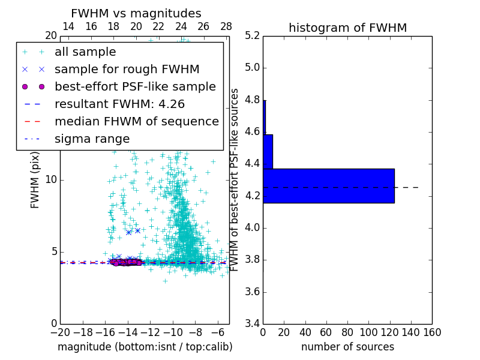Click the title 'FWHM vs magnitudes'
(136, 13)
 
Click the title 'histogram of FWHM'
(347, 28)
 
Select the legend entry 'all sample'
(85, 52)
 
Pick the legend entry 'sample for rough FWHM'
(127, 69)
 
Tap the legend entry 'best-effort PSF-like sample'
(135, 86)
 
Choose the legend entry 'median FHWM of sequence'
(137, 121)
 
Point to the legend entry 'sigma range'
(92, 139)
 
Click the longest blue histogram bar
(329, 185)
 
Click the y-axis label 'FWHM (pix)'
(35, 179)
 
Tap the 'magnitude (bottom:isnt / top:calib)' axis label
(145, 347)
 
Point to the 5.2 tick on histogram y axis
(252, 35)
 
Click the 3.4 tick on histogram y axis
(252, 323)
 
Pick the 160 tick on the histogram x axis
(432, 332)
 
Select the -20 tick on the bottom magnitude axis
(60, 332)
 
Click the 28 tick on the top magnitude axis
(226, 27)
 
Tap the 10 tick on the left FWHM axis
(51, 179)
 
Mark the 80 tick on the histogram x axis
(347, 332)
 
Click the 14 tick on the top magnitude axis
(68, 27)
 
